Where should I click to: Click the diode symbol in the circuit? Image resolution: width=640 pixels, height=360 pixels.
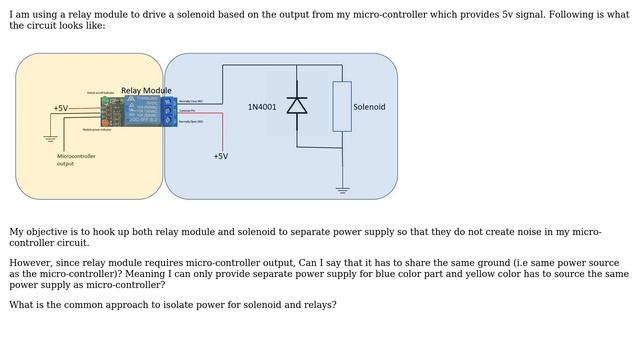point(297,105)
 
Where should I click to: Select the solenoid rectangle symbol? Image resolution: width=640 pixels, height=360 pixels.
point(342,106)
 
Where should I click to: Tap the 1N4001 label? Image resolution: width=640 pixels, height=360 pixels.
point(262,106)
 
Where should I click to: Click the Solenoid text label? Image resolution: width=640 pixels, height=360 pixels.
point(369,106)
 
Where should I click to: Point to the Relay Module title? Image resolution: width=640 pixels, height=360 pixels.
point(146,90)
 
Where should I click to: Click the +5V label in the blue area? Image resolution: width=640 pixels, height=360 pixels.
point(221,156)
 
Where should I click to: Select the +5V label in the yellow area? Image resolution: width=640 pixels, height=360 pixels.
point(61,108)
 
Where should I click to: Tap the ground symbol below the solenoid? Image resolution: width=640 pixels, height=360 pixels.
point(342,188)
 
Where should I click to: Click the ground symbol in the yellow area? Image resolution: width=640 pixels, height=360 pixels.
point(50,138)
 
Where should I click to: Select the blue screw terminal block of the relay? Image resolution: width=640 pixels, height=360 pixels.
point(169,111)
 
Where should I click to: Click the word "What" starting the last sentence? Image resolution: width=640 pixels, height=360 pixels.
point(22,304)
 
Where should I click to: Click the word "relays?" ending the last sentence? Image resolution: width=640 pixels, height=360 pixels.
point(317,304)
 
